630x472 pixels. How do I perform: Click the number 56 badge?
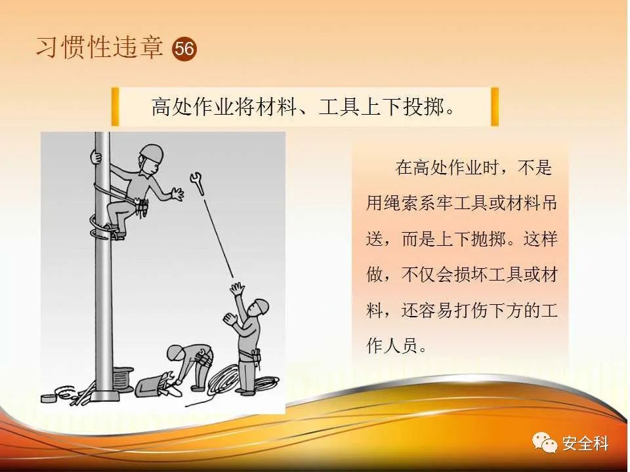click(x=184, y=49)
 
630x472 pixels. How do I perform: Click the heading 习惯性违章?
click(x=100, y=47)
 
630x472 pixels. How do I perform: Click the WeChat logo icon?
click(x=545, y=442)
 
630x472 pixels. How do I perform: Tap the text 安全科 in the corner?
click(x=585, y=444)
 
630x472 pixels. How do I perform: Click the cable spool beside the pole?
click(x=122, y=378)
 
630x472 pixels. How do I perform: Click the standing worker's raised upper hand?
click(x=237, y=288)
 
